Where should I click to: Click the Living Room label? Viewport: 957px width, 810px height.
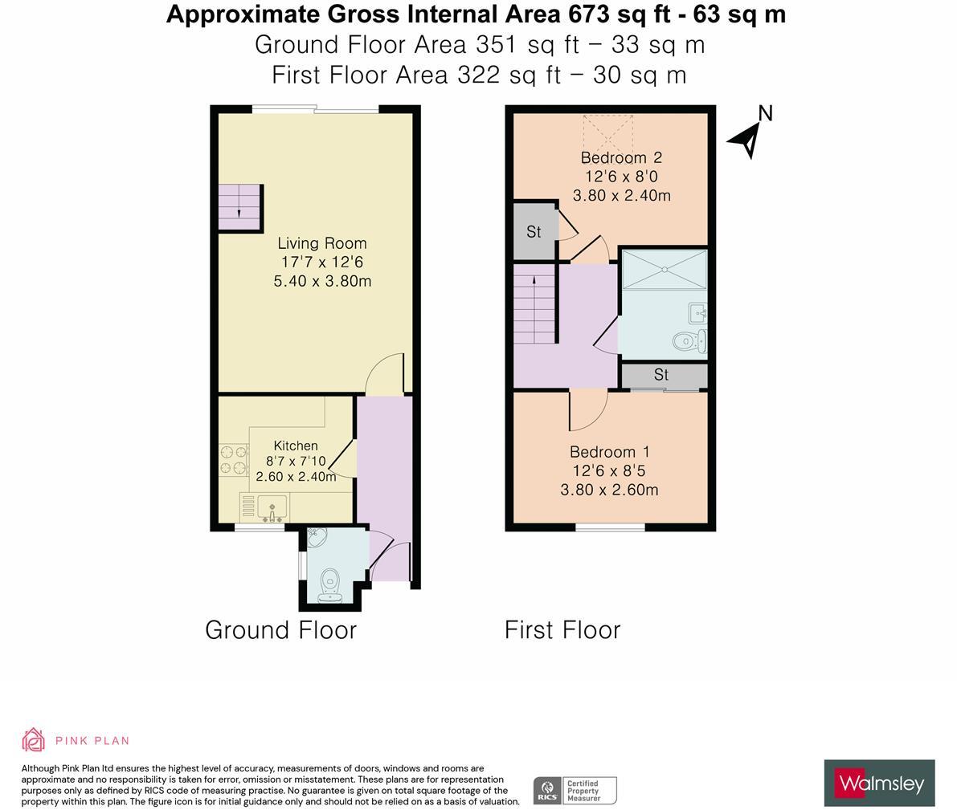[x=321, y=243]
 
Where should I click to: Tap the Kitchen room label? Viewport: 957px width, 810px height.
[x=296, y=446]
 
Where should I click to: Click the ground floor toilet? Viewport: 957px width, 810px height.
[x=329, y=584]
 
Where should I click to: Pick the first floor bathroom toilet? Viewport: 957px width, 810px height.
[x=688, y=341]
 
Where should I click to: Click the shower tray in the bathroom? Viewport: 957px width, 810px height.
[x=664, y=270]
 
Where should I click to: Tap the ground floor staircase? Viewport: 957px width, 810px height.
[x=240, y=208]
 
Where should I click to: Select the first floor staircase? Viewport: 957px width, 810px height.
[x=535, y=307]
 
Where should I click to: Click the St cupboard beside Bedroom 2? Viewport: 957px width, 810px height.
[x=534, y=232]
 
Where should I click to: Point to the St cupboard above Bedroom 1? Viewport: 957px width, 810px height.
[x=662, y=375]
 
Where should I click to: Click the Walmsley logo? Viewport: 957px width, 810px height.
[x=879, y=783]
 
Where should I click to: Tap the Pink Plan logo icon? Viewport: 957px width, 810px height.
[x=33, y=739]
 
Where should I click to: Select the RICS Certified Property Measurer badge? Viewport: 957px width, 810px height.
[x=575, y=790]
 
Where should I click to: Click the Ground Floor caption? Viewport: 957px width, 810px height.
[x=280, y=630]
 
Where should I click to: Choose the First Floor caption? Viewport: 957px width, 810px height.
[x=562, y=630]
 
